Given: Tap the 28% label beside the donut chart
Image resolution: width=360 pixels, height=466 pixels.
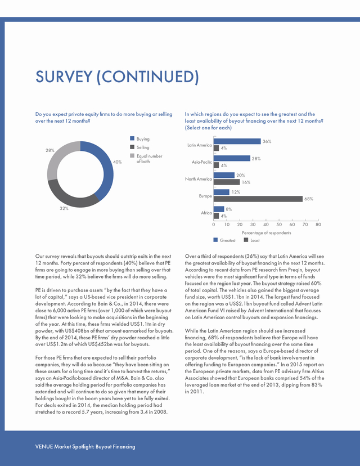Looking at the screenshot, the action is [x=50, y=150].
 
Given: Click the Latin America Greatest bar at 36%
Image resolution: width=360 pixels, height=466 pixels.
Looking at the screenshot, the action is [x=237, y=141].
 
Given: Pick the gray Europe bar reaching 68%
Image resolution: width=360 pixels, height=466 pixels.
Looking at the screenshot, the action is [x=258, y=199].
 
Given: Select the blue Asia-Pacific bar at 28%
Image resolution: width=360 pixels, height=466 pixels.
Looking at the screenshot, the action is [x=232, y=158].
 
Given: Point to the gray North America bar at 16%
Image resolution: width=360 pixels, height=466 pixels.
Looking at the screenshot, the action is [x=227, y=182].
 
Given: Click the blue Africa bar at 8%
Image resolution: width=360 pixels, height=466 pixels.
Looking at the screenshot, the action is [x=219, y=209].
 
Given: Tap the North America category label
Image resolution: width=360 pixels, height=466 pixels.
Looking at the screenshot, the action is [x=199, y=179].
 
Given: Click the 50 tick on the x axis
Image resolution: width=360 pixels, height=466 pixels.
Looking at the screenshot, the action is [x=279, y=225].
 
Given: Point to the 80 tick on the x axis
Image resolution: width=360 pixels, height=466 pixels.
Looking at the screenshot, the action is [x=318, y=225].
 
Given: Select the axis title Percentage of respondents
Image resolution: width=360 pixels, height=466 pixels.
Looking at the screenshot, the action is [x=267, y=232].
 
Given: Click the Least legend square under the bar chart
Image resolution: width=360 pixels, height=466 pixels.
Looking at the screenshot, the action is [x=246, y=240].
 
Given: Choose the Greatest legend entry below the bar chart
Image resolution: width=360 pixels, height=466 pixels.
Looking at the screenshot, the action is [x=224, y=240].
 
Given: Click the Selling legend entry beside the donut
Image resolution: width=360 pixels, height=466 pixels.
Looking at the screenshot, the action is [x=140, y=147].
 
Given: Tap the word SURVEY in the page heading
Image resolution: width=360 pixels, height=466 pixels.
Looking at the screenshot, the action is [x=64, y=77].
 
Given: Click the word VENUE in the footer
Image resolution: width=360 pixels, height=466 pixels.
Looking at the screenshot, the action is [x=44, y=446].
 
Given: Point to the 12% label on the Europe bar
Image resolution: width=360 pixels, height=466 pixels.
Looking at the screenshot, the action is [x=236, y=192].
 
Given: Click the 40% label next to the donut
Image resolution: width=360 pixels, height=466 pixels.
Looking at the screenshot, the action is [x=118, y=162].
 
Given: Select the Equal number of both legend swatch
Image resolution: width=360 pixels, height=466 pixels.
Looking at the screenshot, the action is [x=132, y=156].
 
